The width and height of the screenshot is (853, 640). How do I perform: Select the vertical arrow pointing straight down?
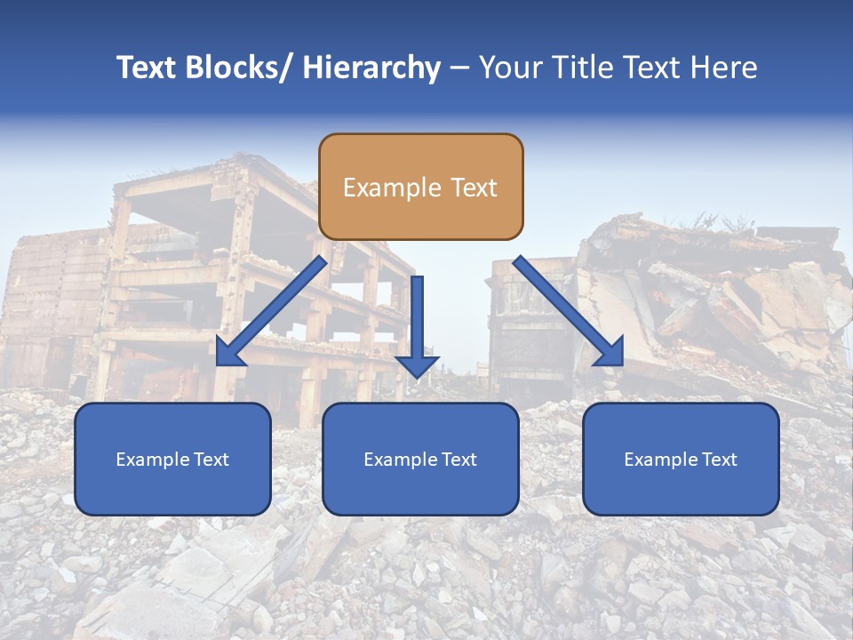[417, 324]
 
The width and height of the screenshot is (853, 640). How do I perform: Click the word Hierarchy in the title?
[371, 68]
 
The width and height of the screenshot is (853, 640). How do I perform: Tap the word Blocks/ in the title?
[239, 68]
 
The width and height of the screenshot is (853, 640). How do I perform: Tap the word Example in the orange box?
[392, 188]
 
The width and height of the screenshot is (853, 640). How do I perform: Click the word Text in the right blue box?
[717, 460]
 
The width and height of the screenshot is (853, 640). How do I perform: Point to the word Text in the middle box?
[457, 460]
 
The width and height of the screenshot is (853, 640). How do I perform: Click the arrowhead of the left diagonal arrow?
[229, 353]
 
